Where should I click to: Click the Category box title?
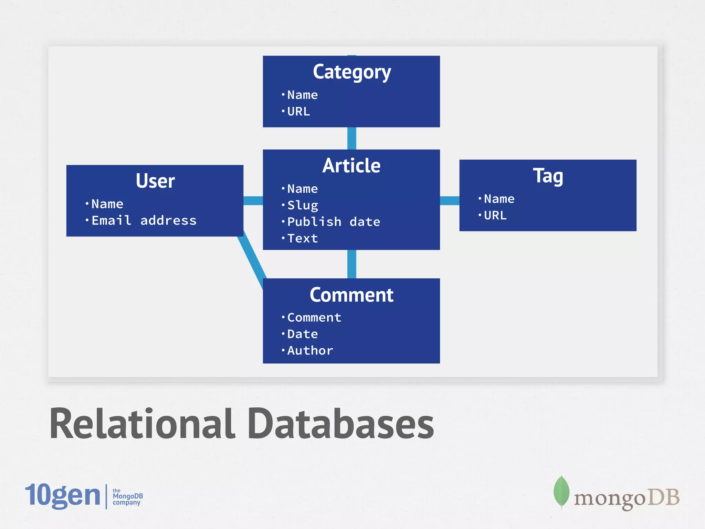click(351, 72)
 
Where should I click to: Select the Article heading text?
click(351, 166)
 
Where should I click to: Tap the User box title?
click(155, 181)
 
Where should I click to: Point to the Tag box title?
click(548, 176)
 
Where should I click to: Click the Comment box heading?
click(351, 295)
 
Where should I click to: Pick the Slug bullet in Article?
click(303, 205)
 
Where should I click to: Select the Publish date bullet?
click(333, 222)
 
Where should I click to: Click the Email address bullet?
click(144, 220)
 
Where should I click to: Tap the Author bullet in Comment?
click(310, 351)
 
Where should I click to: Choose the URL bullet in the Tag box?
click(495, 216)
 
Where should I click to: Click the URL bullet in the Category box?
click(298, 112)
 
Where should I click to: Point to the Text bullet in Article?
click(302, 238)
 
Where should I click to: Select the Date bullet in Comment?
click(302, 334)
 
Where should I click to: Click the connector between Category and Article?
click(351, 138)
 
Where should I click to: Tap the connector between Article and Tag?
click(450, 200)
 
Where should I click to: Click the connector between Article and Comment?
click(351, 264)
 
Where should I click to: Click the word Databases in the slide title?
click(341, 424)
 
